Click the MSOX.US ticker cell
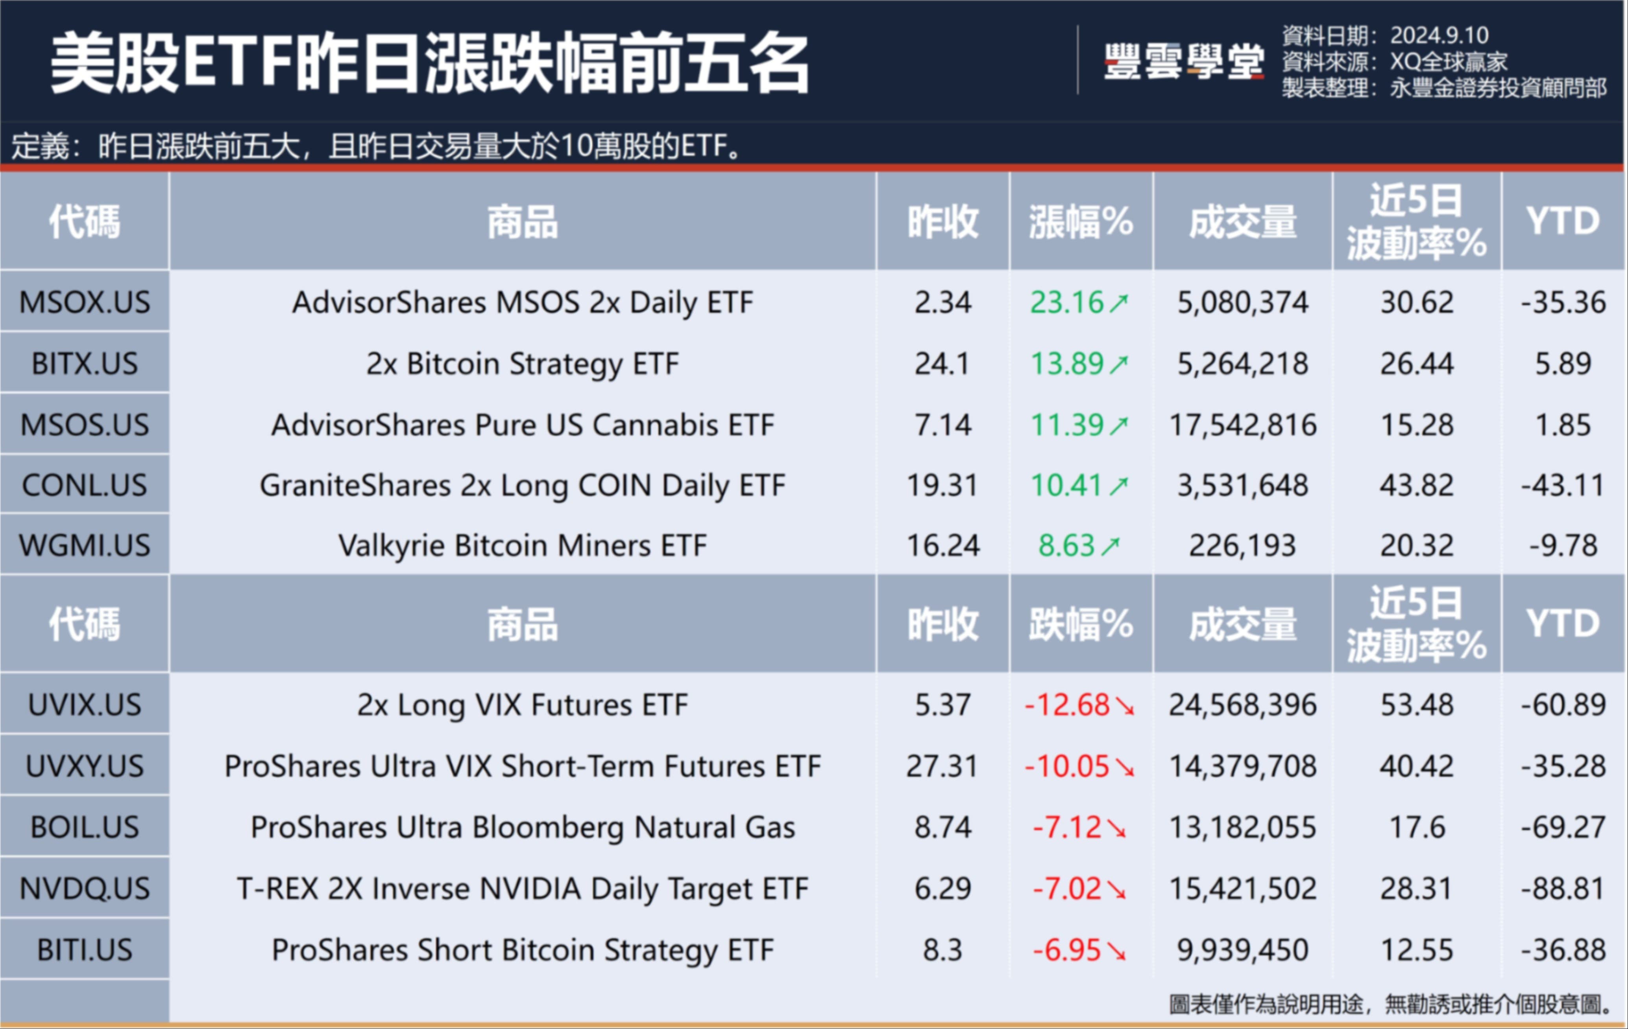85,301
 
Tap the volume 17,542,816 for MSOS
1243,425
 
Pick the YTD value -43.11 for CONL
1562,485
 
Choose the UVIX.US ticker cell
85,704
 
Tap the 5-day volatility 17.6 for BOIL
1416,827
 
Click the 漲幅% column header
1080,222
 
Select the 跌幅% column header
1080,623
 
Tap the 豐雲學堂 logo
1183,62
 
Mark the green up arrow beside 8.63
1110,546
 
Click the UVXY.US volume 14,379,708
1243,766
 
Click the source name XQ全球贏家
1448,61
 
